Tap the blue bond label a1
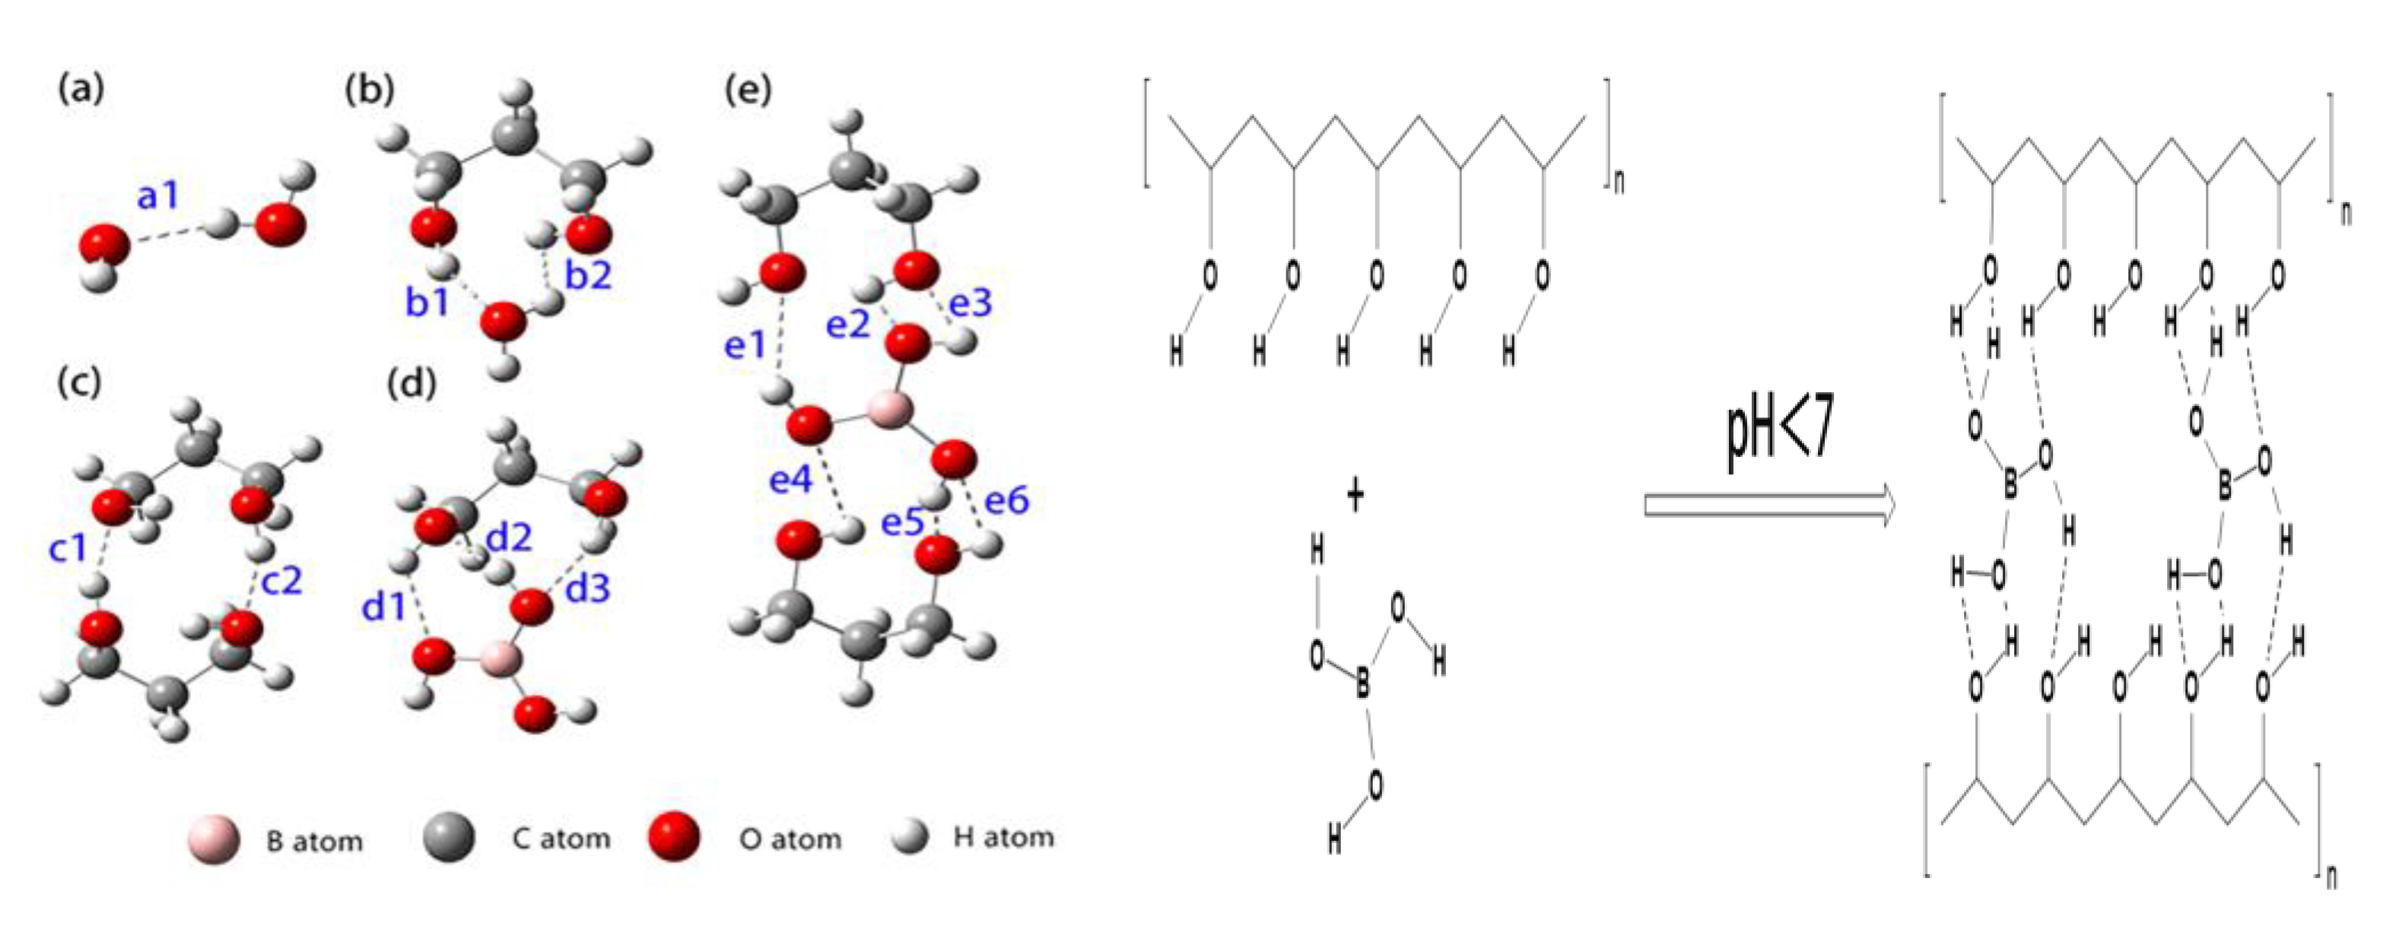point(158,196)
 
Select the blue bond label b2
point(589,275)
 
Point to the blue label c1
point(68,549)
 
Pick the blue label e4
point(790,480)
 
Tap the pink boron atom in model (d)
point(500,658)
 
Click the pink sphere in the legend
point(213,840)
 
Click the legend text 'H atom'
point(1003,838)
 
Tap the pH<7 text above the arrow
point(1779,438)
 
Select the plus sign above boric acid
point(1355,496)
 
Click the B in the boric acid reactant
point(1362,686)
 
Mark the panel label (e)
point(747,90)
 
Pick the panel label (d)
point(411,383)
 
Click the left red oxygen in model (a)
point(103,246)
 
